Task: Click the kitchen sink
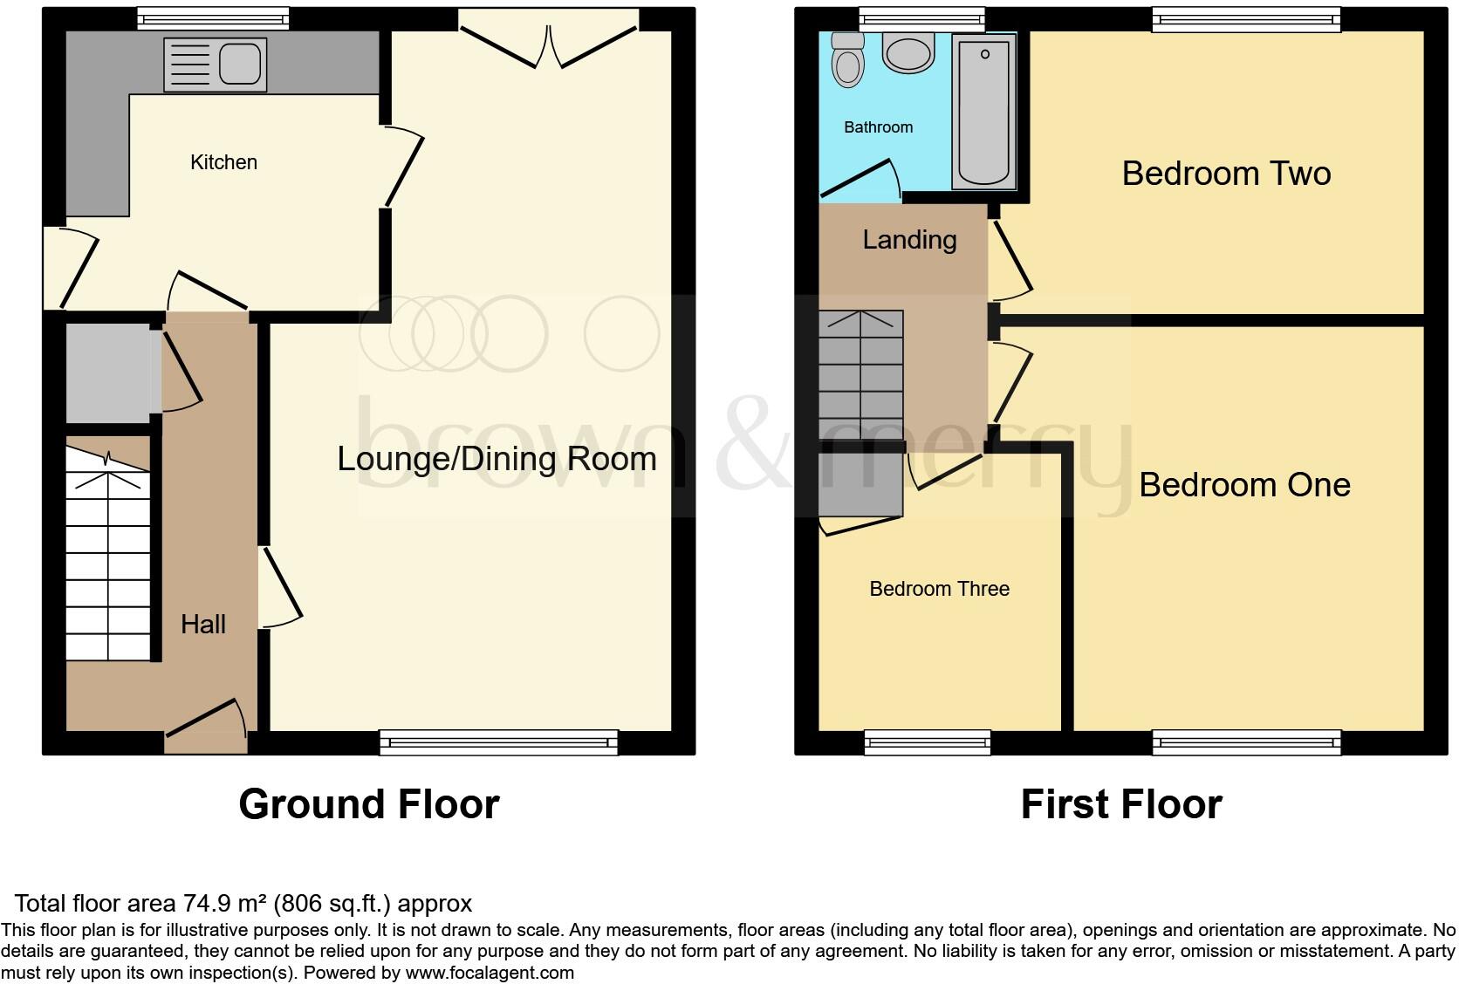[x=216, y=65]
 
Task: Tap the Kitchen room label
[x=223, y=162]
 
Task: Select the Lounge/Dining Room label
[x=497, y=459]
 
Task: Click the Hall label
[x=203, y=624]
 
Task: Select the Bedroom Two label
[x=1226, y=174]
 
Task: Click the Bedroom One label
[x=1244, y=485]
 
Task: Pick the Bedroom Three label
[x=939, y=589]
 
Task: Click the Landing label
[x=909, y=240]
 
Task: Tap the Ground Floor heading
[x=369, y=804]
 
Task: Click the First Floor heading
[x=1121, y=804]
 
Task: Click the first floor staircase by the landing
[x=860, y=375]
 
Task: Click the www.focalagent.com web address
[x=490, y=972]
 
